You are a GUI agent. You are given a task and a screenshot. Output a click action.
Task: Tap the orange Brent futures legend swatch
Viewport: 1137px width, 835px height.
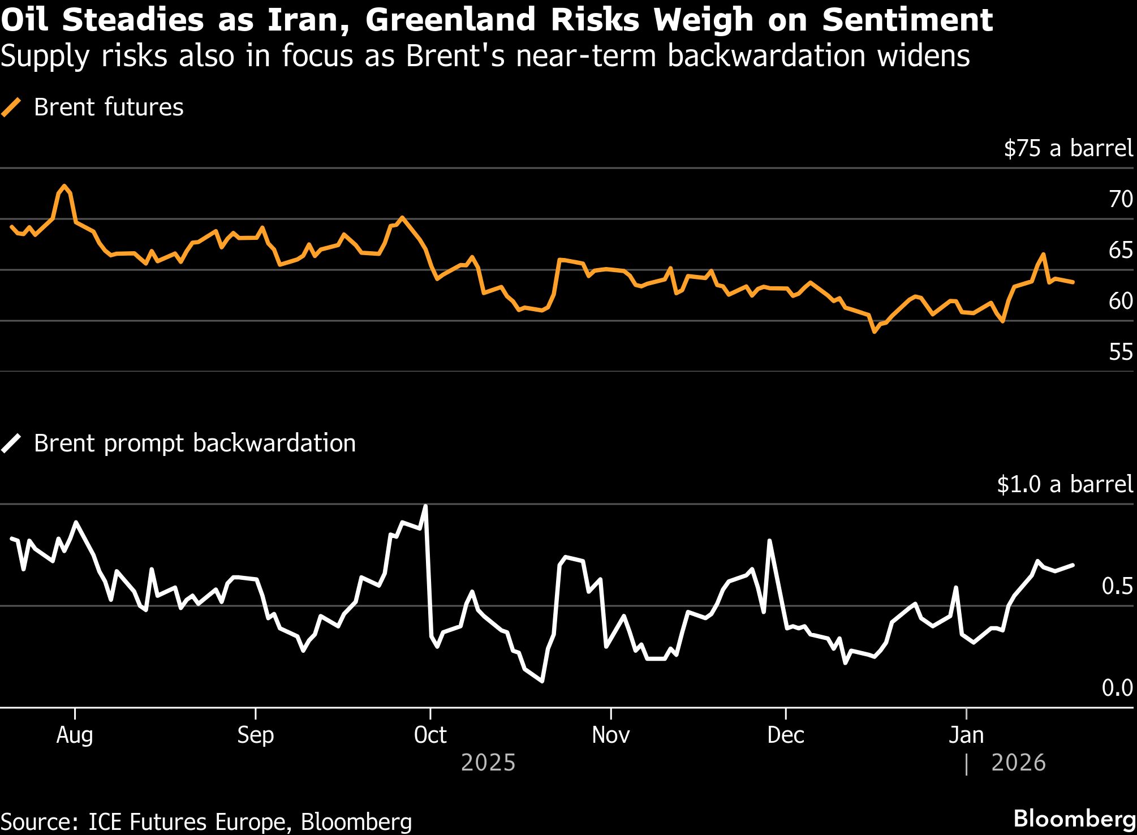[x=11, y=107]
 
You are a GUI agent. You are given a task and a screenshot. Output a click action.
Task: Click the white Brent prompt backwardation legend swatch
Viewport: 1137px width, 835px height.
[x=11, y=444]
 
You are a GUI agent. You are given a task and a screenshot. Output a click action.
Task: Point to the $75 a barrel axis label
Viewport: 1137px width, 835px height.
[x=1068, y=149]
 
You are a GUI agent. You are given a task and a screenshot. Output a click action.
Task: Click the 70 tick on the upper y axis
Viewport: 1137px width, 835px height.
[x=1120, y=200]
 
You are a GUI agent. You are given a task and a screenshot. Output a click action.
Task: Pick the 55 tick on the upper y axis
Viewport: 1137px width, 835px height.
[x=1120, y=352]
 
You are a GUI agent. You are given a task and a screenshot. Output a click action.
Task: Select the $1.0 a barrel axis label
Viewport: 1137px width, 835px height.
[x=1065, y=485]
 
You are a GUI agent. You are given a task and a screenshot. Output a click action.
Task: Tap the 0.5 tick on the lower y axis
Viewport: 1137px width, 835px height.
[x=1117, y=587]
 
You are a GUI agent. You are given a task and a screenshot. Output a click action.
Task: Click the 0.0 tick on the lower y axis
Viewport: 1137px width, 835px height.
[x=1117, y=688]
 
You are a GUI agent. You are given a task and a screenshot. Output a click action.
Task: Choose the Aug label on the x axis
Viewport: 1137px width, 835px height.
[x=75, y=735]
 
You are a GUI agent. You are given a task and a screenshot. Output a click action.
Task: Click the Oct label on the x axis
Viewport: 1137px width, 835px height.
[x=430, y=735]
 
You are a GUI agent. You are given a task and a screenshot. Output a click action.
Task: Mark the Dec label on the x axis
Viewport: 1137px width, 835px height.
[x=785, y=735]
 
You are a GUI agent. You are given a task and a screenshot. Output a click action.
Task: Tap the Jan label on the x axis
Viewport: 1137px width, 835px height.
[x=966, y=735]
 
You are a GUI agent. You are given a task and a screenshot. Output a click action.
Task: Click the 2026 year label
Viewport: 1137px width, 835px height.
[x=1018, y=763]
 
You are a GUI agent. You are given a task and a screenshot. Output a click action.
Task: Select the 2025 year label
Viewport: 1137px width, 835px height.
[x=488, y=763]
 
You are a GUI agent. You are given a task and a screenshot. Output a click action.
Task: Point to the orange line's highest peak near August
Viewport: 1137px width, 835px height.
[x=64, y=186]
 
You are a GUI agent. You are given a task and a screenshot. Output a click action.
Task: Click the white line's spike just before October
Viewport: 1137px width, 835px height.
[x=425, y=506]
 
